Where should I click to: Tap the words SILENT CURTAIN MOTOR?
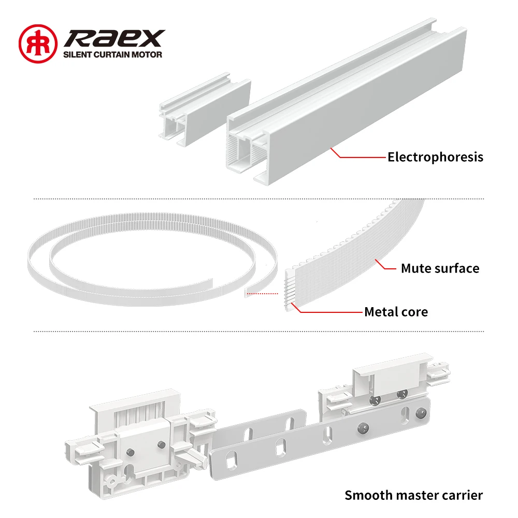click(x=112, y=54)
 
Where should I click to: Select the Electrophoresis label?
click(x=435, y=156)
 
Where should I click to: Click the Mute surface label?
click(x=440, y=268)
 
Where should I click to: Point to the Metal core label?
click(x=396, y=312)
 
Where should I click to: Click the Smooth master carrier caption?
click(x=413, y=495)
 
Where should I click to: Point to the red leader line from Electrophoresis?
click(x=357, y=155)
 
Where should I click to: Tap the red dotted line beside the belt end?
click(x=264, y=293)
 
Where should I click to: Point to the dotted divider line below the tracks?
click(x=259, y=198)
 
